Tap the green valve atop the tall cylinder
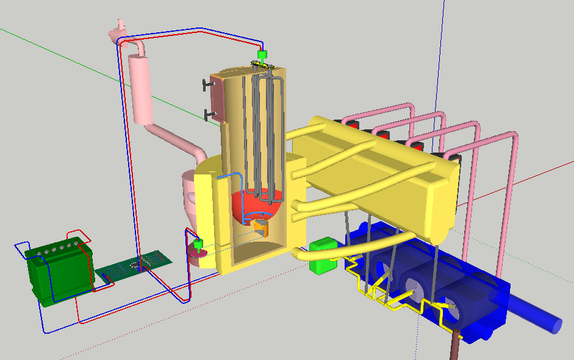tap(262, 57)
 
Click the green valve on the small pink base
tap(198, 246)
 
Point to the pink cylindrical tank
tap(141, 88)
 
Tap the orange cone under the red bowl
tap(260, 228)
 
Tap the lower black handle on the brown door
tap(209, 113)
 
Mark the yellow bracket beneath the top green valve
tap(264, 65)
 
